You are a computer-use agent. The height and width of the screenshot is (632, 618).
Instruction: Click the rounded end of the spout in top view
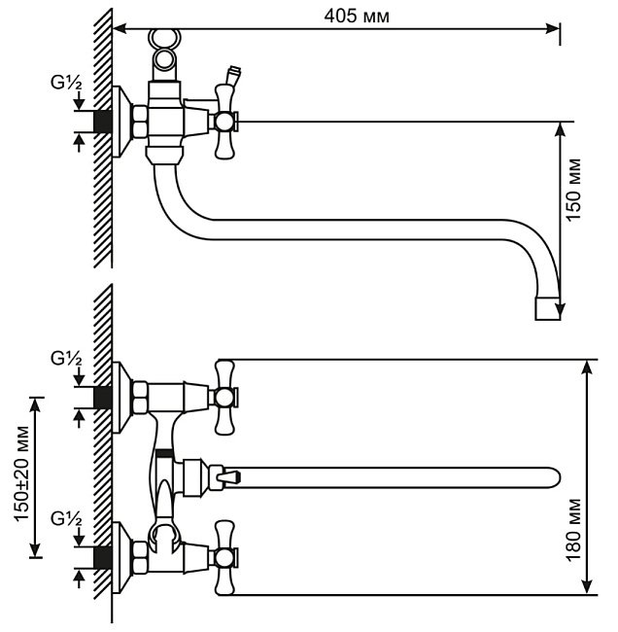tap(550, 477)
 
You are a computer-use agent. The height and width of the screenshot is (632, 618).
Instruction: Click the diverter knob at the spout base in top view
tap(225, 476)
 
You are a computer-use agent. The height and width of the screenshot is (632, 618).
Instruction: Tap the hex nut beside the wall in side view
tap(139, 122)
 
